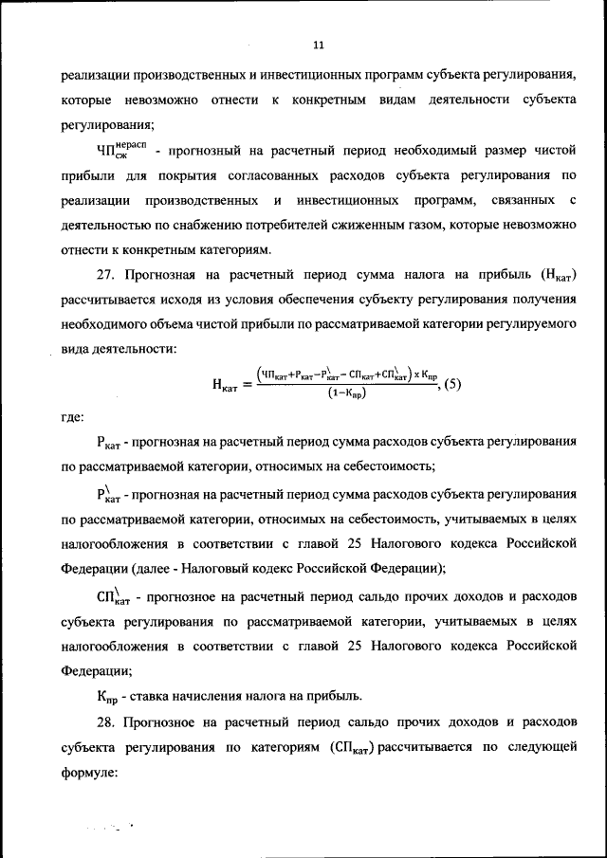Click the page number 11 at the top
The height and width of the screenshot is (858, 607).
click(x=318, y=45)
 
